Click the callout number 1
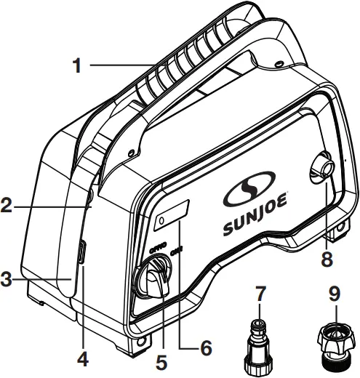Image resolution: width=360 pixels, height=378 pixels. [x=76, y=66]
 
